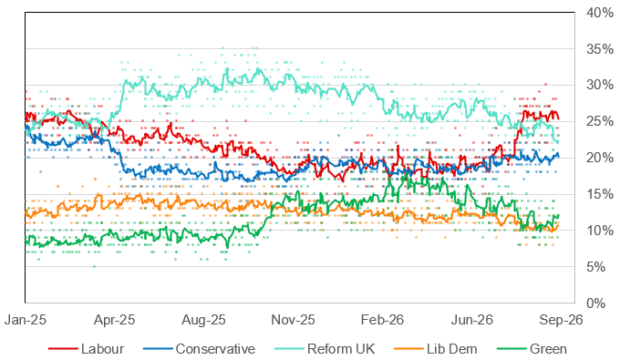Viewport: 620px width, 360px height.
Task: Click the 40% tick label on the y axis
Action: [x=600, y=13]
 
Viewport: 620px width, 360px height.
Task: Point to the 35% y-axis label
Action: [x=600, y=49]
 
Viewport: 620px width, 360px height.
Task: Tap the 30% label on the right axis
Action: [x=600, y=85]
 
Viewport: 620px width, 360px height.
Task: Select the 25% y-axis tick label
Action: [x=600, y=121]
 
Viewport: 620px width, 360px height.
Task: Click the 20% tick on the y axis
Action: [x=600, y=158]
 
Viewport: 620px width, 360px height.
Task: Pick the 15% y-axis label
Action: [x=600, y=194]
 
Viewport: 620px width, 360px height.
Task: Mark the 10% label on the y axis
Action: [x=600, y=231]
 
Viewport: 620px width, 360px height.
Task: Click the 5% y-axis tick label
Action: [x=596, y=267]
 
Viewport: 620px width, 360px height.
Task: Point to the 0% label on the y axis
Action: [x=596, y=303]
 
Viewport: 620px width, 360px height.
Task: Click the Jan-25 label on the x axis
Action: [x=26, y=320]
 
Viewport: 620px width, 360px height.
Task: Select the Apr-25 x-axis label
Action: [x=114, y=320]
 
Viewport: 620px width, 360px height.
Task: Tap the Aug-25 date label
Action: [x=203, y=320]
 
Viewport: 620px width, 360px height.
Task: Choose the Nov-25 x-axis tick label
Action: [x=293, y=320]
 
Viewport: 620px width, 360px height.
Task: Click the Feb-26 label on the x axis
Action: [x=382, y=320]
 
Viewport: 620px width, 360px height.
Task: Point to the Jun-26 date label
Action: [x=471, y=320]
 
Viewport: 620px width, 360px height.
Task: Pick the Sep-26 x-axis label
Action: [x=561, y=320]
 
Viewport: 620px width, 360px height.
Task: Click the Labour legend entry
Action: [x=87, y=349]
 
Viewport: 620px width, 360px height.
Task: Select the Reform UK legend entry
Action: [x=325, y=349]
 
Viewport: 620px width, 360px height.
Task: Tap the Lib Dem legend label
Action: [x=436, y=349]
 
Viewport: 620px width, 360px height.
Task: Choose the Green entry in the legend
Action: [x=532, y=349]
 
